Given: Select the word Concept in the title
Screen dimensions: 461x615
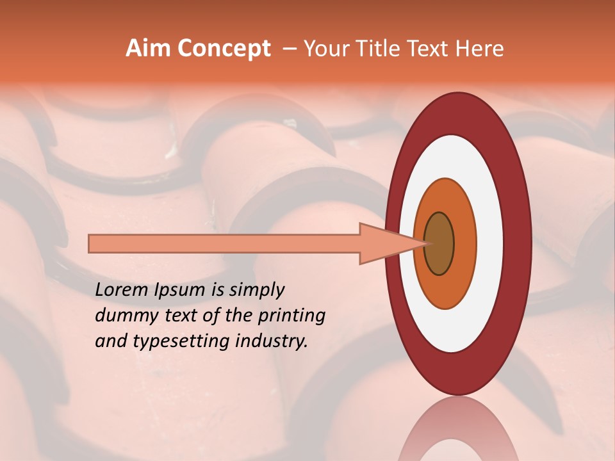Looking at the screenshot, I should pos(224,49).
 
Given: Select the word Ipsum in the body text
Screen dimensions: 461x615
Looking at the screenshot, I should pos(181,291).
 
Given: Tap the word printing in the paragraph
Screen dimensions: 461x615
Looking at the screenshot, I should pos(291,316).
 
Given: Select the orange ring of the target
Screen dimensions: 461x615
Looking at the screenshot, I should pos(464,244).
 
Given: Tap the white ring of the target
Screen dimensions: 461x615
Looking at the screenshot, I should pos(490,244).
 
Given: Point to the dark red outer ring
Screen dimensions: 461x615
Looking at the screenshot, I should pos(518,244).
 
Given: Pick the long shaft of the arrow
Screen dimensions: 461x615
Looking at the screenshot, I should pos(224,244).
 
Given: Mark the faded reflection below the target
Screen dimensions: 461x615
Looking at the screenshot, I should pos(457,432).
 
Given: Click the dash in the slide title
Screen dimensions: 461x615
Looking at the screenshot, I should pos(289,49).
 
